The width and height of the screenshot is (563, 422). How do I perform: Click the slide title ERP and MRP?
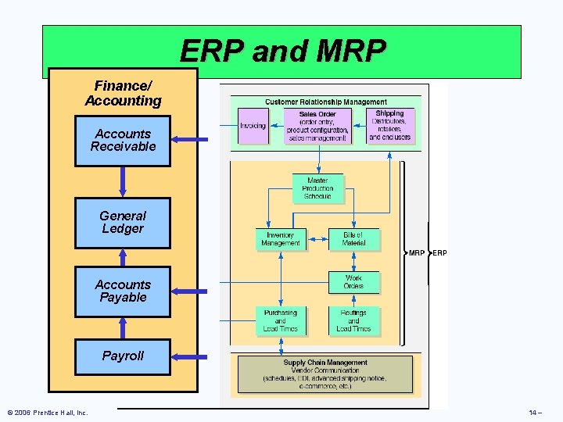[282, 52]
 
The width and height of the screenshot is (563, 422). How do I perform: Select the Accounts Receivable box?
[123, 141]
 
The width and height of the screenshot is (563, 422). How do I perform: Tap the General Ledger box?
[123, 223]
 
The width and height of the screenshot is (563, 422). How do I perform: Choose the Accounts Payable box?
[123, 291]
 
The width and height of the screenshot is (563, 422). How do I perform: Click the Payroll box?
[123, 356]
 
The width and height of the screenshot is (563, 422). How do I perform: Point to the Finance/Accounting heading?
[123, 94]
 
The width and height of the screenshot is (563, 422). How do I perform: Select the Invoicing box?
[253, 126]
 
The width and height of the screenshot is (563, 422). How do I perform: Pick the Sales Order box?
[317, 126]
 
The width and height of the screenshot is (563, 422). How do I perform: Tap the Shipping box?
[389, 126]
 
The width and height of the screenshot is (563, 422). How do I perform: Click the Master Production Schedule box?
[317, 188]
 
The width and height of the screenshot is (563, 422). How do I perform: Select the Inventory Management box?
[280, 239]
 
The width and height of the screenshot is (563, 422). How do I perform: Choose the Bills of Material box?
[353, 239]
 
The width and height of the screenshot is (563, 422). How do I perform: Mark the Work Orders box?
[353, 281]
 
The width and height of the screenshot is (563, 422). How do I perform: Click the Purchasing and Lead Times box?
[280, 320]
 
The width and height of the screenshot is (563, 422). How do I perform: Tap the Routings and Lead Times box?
[353, 320]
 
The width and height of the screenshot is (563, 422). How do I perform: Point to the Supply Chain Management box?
[325, 374]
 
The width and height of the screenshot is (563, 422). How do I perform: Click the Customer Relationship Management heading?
[325, 102]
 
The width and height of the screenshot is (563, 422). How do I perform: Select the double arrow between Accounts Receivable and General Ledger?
[123, 182]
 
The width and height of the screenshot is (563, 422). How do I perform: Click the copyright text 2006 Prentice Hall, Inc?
[47, 413]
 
